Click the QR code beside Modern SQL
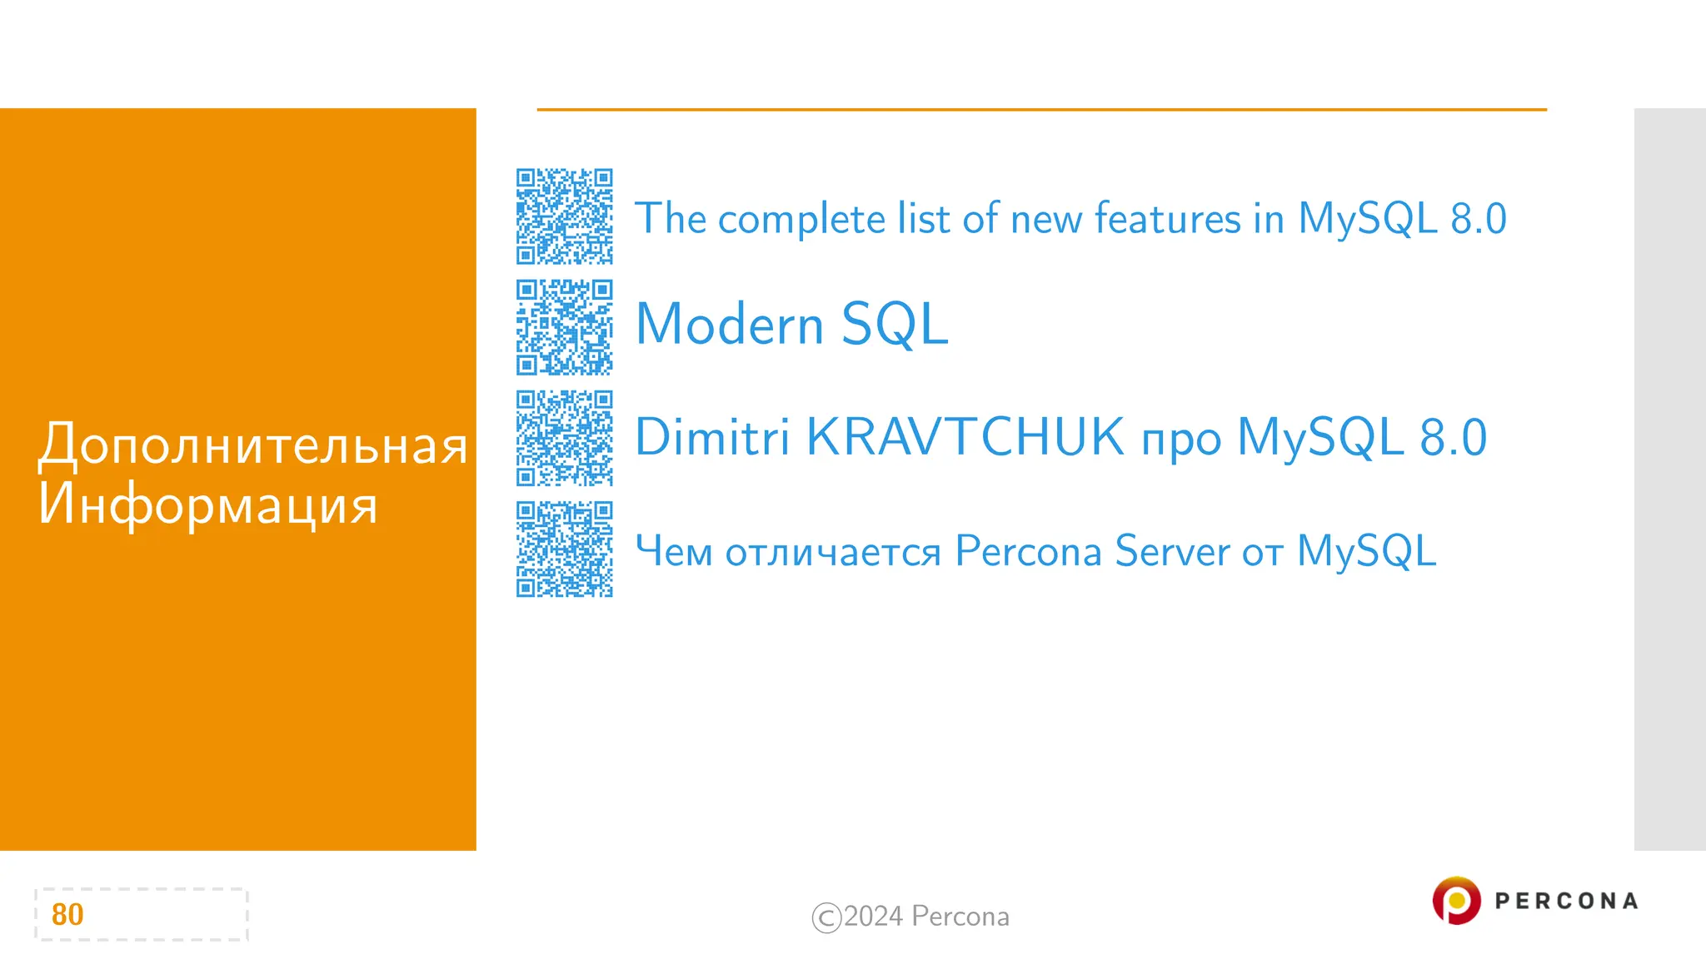[564, 327]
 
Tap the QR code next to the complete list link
[564, 216]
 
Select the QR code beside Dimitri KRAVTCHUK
[564, 438]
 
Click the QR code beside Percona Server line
[564, 549]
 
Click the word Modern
[729, 324]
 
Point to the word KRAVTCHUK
[965, 437]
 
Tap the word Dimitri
[711, 437]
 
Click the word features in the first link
[1167, 218]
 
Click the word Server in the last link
[1171, 550]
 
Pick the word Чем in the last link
[673, 551]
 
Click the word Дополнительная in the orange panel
[252, 445]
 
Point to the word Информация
[207, 504]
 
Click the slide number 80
[67, 914]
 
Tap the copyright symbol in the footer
[826, 917]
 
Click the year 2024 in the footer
[873, 917]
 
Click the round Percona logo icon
[1456, 900]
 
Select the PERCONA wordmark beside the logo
[1566, 901]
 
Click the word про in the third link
[1180, 440]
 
